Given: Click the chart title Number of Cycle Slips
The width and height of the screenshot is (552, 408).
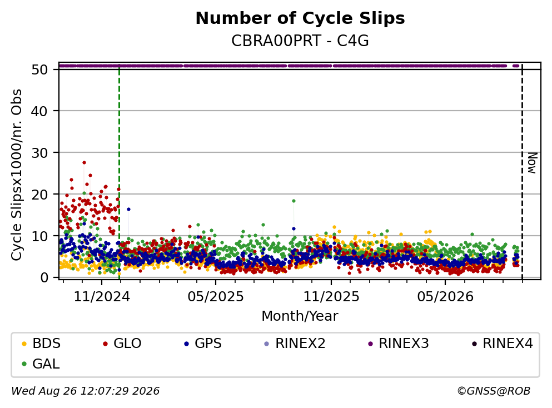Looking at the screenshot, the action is click(x=300, y=18).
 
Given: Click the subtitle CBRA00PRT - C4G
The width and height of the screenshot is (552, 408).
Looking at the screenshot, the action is click(x=300, y=41).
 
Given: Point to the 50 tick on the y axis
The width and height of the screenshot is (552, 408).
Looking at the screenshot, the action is click(x=39, y=69).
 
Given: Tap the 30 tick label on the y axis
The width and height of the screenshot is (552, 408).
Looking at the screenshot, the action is click(x=39, y=152).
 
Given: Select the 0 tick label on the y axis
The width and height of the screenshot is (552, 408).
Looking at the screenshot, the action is click(x=44, y=277).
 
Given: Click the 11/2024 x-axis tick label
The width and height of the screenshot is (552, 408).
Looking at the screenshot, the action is click(x=102, y=297).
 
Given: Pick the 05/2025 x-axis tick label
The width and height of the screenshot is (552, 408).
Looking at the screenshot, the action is click(x=216, y=297).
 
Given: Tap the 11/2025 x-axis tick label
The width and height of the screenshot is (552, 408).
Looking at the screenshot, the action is click(x=331, y=297).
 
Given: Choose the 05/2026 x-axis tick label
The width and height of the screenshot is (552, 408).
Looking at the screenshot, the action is click(x=445, y=297).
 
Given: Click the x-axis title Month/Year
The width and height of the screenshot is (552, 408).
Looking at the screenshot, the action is click(x=300, y=316).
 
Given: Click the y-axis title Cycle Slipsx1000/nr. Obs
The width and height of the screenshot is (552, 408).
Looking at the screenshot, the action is click(x=17, y=175).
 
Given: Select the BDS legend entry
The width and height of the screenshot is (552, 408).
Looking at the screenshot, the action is click(x=41, y=343).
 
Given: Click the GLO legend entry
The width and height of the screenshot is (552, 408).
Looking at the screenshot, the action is click(x=122, y=343).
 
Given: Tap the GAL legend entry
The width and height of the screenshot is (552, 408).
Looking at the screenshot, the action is click(x=41, y=364).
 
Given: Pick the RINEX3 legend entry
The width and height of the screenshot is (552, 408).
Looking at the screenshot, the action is click(x=399, y=343).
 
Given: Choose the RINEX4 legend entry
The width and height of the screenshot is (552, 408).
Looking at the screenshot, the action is click(x=503, y=343).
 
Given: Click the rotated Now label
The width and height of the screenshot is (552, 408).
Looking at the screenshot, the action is click(x=532, y=163).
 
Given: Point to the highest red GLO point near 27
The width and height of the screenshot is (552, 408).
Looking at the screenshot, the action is click(x=84, y=163).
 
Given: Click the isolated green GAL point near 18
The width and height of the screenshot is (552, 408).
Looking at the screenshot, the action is click(x=294, y=201).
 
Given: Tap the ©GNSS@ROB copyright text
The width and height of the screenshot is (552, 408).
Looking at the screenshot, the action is click(x=494, y=391).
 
